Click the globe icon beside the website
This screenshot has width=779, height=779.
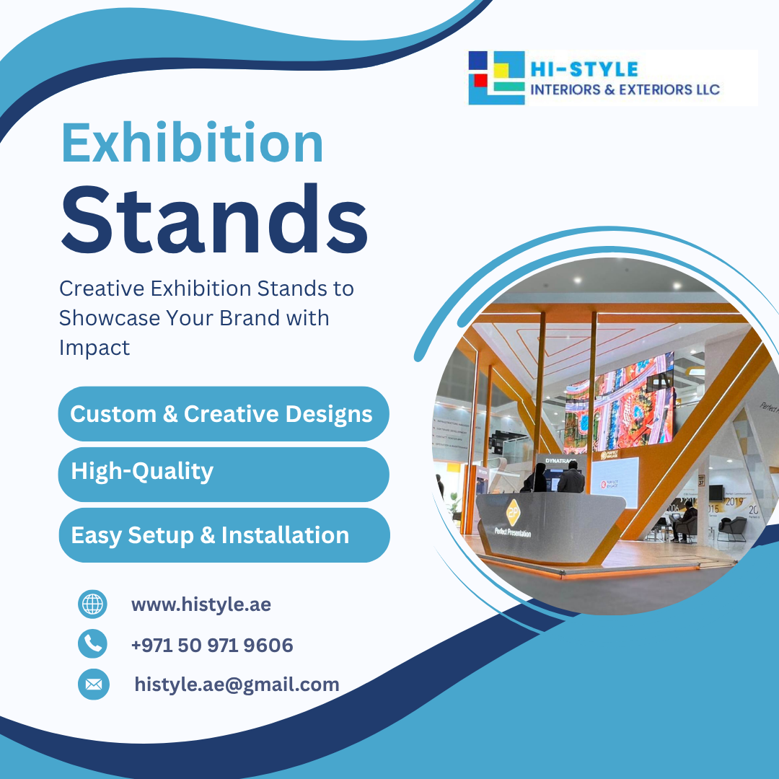92,604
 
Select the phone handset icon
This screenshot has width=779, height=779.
92,643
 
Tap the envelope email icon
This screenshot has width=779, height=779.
93,684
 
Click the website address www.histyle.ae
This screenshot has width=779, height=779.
201,604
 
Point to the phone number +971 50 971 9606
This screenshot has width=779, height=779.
212,645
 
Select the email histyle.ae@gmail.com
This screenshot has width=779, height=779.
237,684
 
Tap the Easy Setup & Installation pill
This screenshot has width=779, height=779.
224,535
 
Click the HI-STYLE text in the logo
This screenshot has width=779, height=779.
584,69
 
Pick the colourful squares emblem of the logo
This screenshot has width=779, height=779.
496,77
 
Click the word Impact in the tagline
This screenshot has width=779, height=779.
94,347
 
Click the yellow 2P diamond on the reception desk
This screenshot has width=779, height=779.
513,511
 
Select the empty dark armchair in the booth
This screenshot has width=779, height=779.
731,529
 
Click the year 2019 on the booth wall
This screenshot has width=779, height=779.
734,501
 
